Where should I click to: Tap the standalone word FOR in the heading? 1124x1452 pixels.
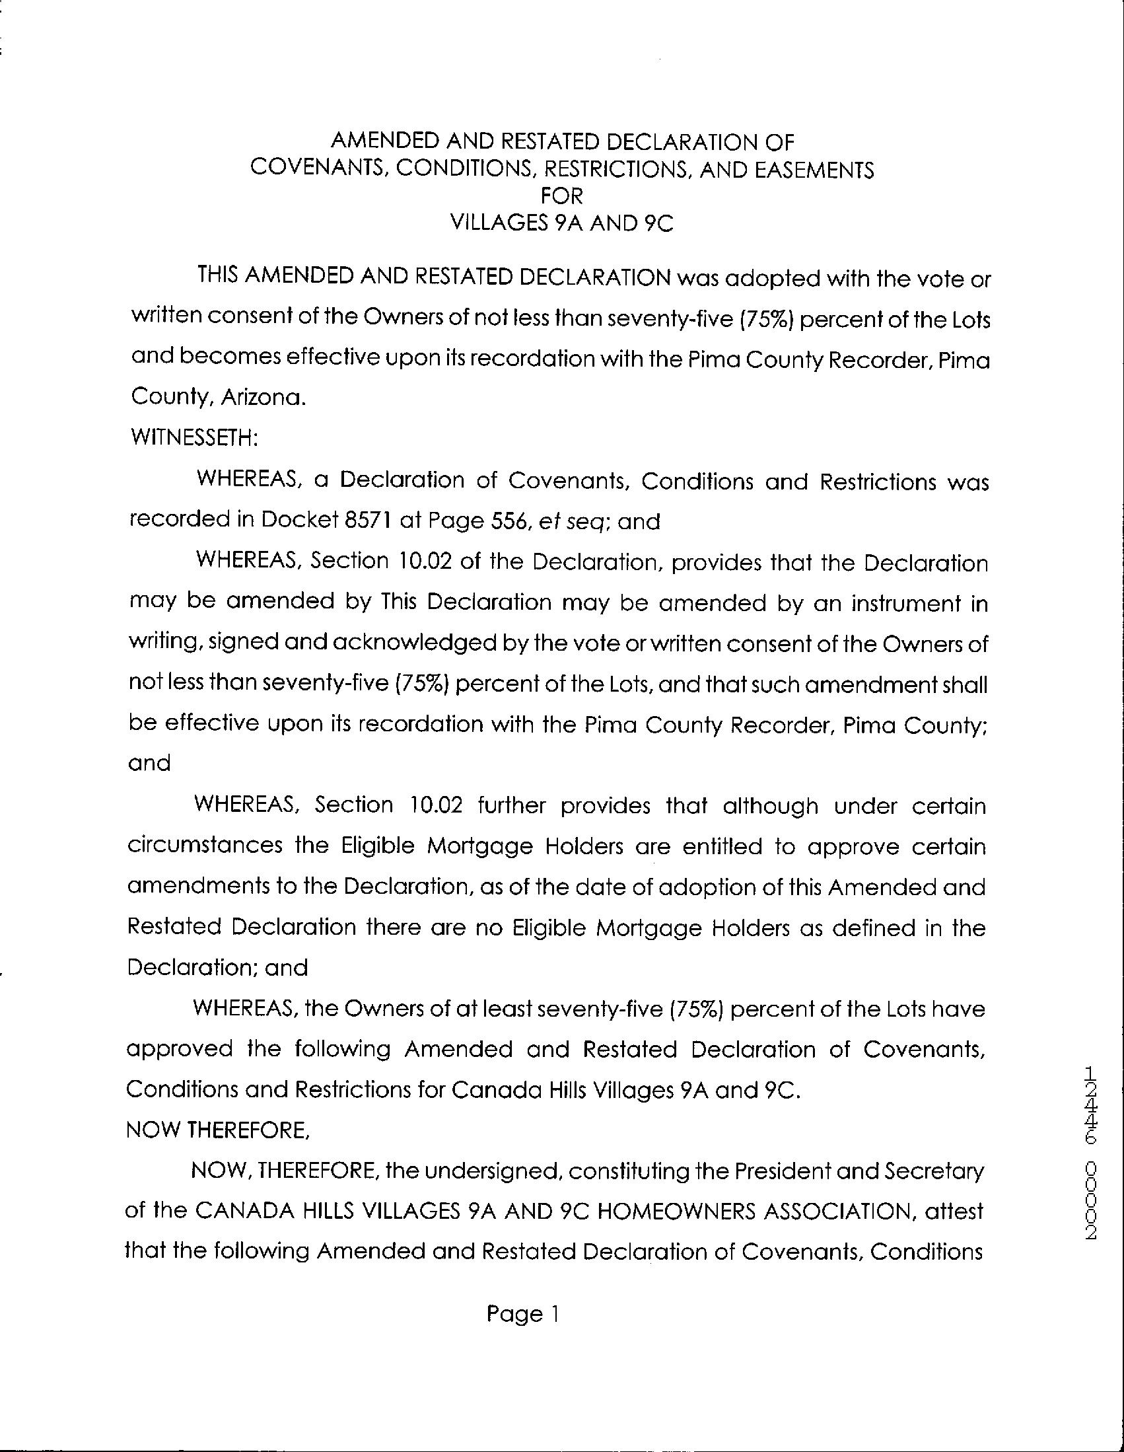(561, 197)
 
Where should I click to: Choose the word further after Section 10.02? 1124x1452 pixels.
(508, 806)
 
